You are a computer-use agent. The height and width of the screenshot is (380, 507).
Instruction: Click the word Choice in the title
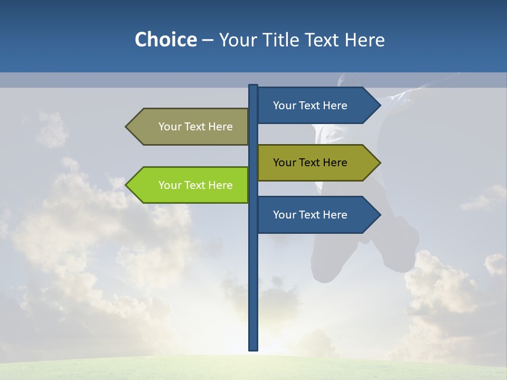click(x=165, y=40)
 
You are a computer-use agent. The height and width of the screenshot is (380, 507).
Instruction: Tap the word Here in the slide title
click(x=364, y=40)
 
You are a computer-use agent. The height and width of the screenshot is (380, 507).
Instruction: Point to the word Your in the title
click(x=237, y=40)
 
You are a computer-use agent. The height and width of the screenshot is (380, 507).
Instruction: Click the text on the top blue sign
click(x=310, y=106)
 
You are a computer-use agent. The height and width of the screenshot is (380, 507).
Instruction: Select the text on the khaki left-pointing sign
click(x=195, y=127)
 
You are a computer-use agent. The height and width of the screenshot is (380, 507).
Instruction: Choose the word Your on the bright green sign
click(x=170, y=185)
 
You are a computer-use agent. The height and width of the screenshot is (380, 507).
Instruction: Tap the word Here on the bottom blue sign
click(x=335, y=215)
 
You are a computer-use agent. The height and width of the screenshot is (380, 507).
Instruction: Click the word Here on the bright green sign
click(x=220, y=185)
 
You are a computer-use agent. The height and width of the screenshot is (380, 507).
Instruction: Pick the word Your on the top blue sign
click(x=284, y=106)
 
